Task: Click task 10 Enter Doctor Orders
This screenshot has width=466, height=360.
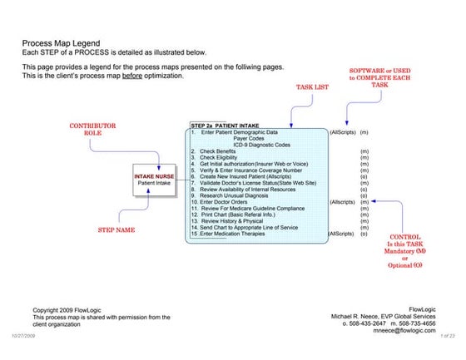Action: click(x=221, y=202)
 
